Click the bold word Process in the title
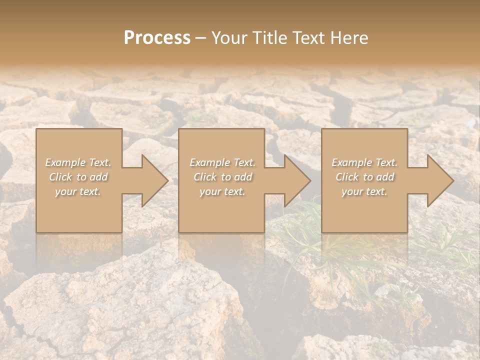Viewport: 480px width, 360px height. [x=157, y=38]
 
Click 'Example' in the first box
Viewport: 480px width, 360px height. [x=65, y=162]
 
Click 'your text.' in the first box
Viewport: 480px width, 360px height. [x=78, y=191]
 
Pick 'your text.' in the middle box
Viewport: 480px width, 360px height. [x=222, y=191]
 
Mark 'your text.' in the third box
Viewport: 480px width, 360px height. [x=364, y=191]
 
